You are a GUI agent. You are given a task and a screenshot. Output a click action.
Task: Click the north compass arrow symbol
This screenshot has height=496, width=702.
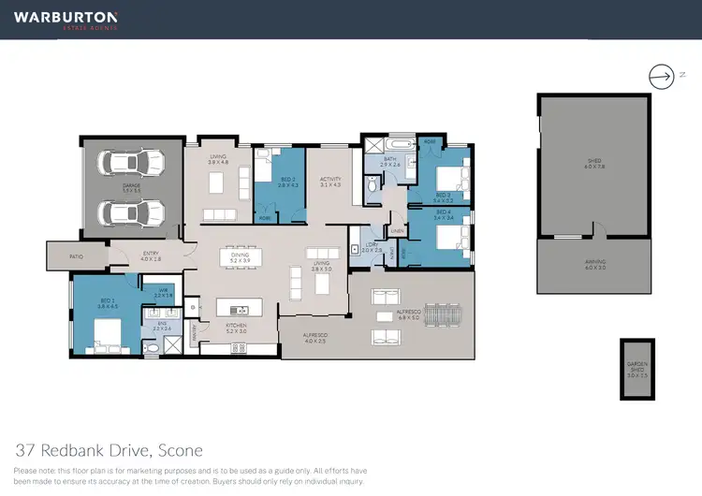point(662,75)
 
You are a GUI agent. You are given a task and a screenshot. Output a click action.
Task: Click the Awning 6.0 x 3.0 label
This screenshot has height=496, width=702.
point(594,264)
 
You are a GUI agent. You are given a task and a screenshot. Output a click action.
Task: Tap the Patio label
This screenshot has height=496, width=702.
point(76,255)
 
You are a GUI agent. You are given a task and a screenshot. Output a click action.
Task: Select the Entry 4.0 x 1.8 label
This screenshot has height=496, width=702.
point(151,255)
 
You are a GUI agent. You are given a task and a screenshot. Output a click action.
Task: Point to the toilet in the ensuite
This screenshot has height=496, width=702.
point(154,346)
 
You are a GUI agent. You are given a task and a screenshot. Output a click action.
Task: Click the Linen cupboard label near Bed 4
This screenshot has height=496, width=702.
point(397,230)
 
